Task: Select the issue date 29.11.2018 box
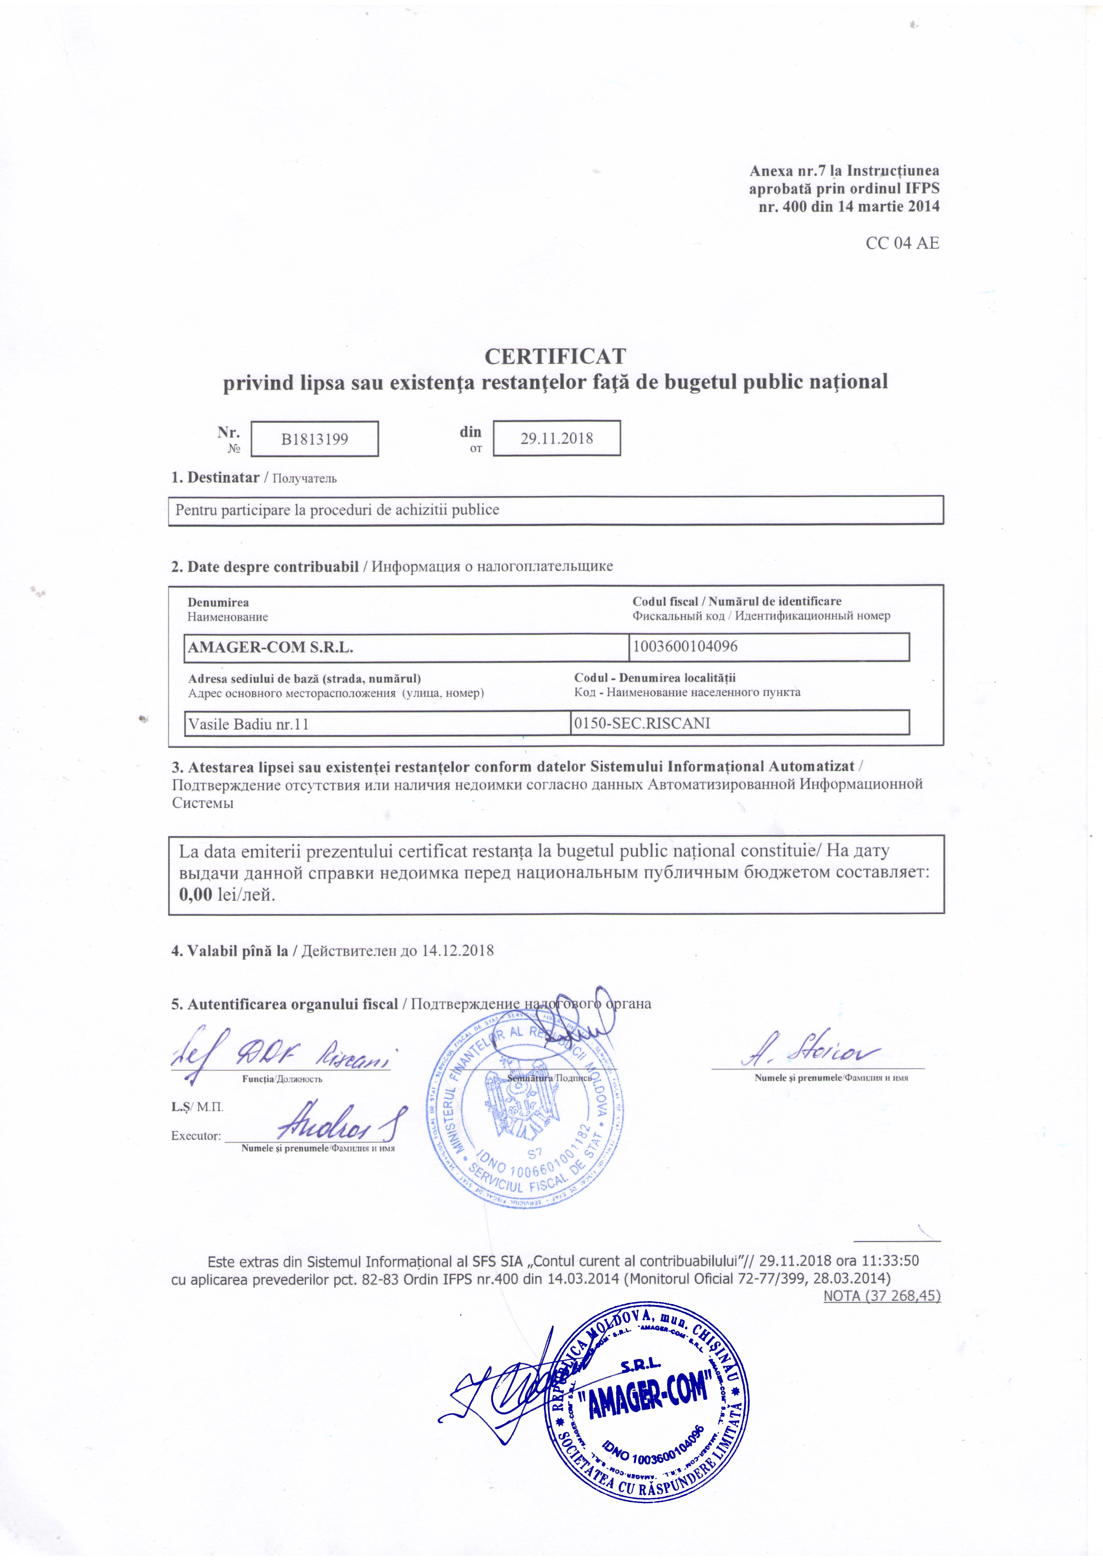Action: [556, 439]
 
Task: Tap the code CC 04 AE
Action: [902, 243]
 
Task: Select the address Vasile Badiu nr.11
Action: [249, 724]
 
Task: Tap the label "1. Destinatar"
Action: [215, 477]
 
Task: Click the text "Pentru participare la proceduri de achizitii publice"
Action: [337, 510]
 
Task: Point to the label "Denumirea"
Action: [218, 602]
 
